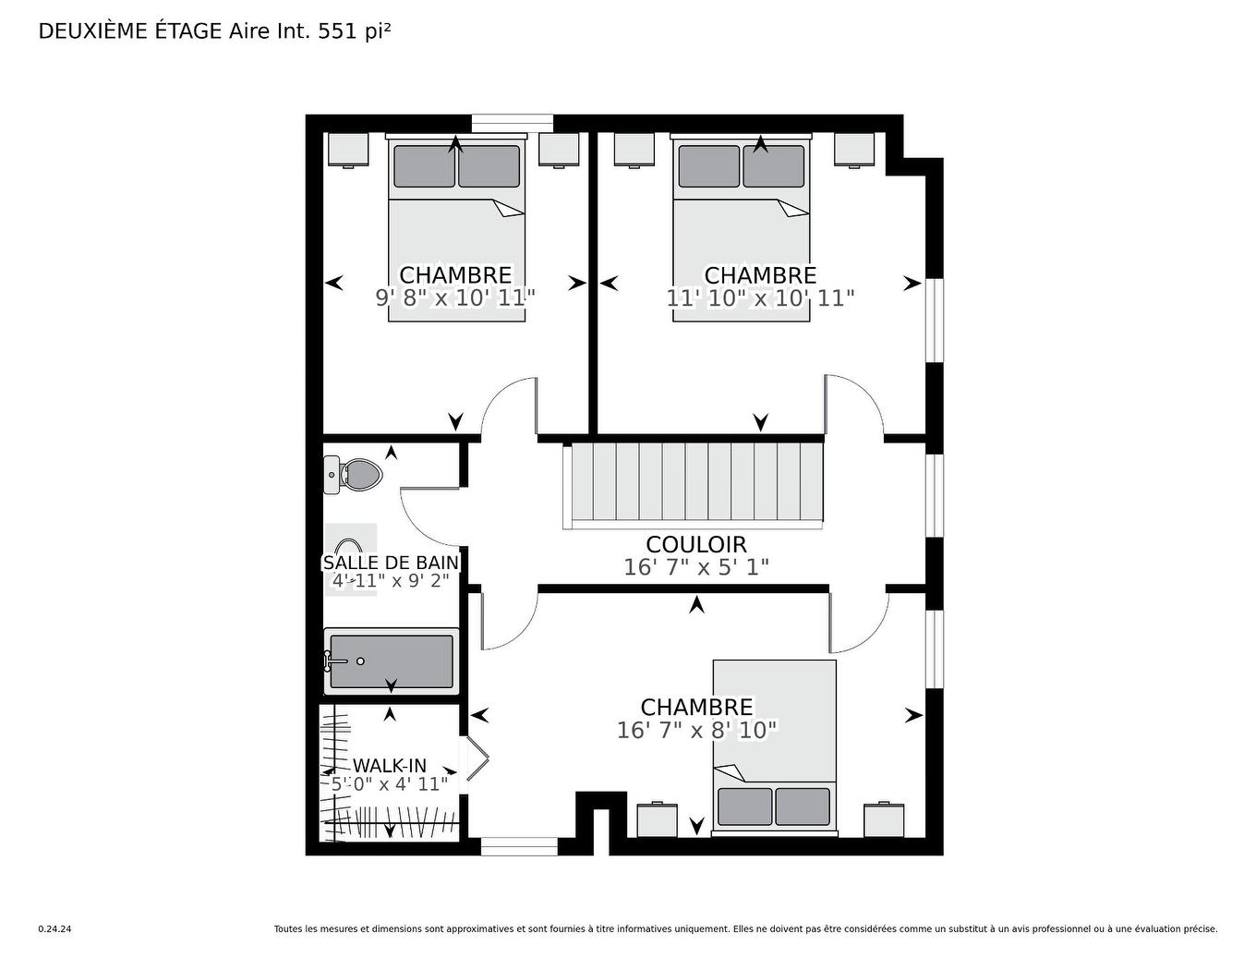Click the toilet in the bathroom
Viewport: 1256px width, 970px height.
click(355, 476)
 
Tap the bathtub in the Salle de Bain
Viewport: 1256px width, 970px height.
click(391, 661)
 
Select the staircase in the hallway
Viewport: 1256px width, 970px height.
click(695, 483)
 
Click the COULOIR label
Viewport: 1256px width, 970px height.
click(695, 545)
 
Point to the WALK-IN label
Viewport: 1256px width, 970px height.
click(390, 766)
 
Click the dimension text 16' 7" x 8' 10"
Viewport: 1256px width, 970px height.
click(696, 730)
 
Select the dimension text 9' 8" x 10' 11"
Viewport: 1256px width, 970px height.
click(455, 297)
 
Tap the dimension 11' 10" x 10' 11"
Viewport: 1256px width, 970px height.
click(760, 297)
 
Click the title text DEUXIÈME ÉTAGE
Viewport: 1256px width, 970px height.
click(130, 31)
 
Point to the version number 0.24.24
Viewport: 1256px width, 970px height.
click(54, 929)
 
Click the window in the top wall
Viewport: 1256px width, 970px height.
click(512, 123)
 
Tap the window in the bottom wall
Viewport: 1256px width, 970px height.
click(519, 846)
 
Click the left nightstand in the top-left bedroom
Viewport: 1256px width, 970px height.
click(348, 150)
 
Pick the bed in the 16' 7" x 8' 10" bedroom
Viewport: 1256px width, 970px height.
click(774, 746)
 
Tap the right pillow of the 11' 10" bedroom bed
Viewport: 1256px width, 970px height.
click(773, 166)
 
